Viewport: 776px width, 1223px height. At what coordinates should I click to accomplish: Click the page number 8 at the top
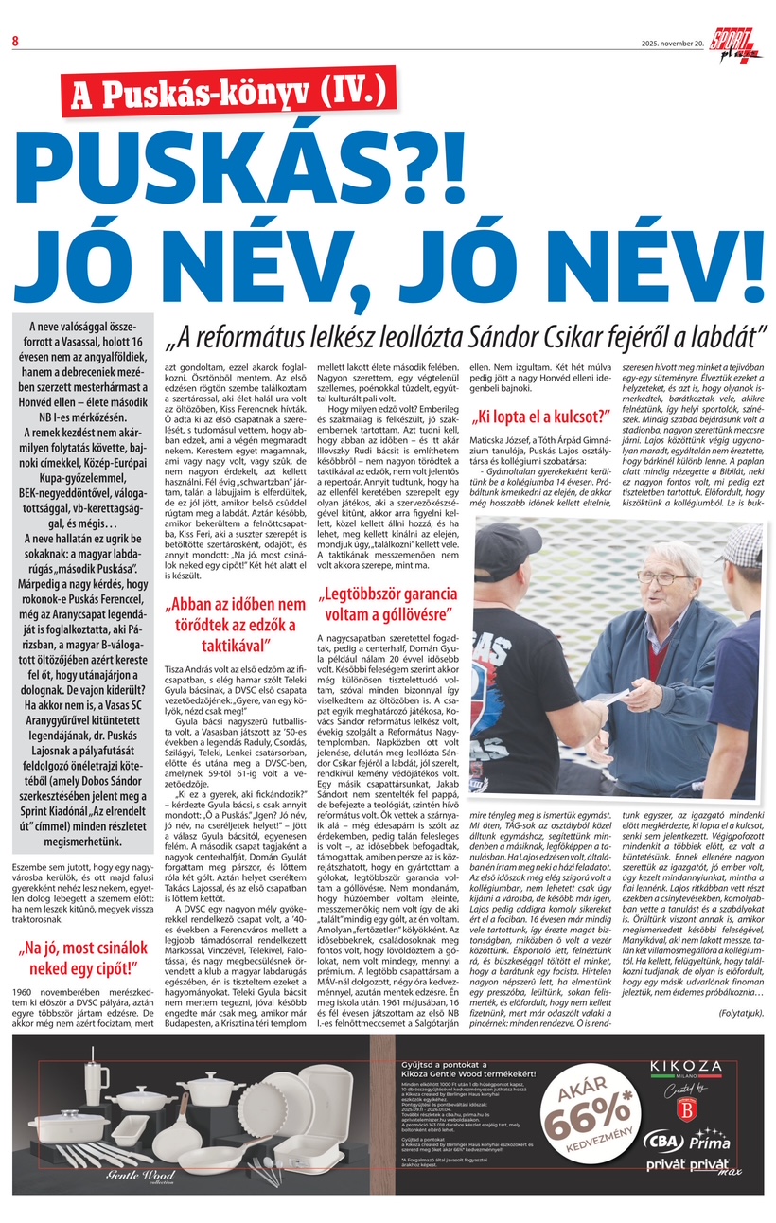15,40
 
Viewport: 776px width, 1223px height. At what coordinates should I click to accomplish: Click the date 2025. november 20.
673,43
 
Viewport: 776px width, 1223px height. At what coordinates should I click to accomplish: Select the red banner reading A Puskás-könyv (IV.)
226,93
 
